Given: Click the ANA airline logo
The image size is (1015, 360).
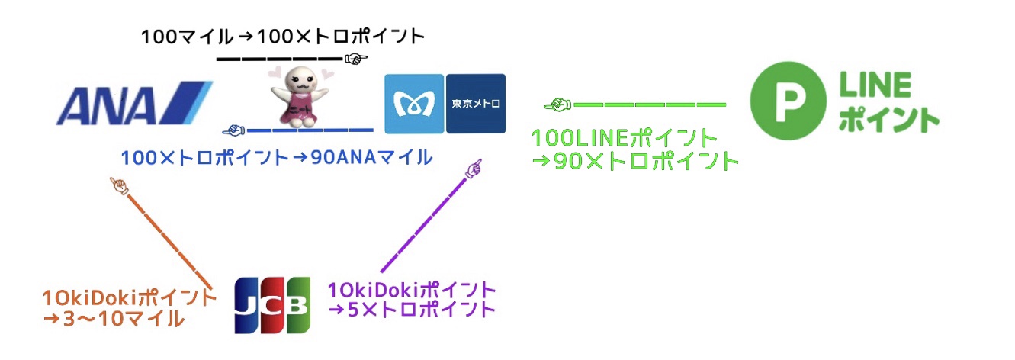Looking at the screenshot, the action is (134, 104).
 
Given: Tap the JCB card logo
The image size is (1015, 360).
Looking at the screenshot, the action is (272, 305).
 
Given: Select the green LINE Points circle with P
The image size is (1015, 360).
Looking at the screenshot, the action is (788, 100).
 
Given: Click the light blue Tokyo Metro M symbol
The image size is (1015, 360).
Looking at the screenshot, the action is (414, 104).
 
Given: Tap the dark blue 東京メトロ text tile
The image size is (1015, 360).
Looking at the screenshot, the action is (476, 104).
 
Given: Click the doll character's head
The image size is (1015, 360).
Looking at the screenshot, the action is (300, 82).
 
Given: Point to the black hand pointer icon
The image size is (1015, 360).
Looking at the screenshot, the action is (356, 59).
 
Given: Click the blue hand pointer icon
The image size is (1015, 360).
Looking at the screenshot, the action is (233, 130).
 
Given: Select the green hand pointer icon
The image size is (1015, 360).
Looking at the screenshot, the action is (557, 104).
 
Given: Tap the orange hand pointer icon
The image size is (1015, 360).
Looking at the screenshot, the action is (120, 186).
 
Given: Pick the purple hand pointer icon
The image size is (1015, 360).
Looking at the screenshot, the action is (474, 169).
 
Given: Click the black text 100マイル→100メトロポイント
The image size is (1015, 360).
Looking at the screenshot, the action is (283, 37).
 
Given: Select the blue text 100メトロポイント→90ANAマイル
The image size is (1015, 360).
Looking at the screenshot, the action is (276, 158).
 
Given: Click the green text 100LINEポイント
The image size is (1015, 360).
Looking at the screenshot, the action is (624, 138).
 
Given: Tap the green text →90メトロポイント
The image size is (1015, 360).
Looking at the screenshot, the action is (635, 162).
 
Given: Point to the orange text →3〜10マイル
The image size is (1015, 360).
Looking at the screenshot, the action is (114, 319).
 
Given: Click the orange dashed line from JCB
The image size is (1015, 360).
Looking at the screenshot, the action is (169, 241).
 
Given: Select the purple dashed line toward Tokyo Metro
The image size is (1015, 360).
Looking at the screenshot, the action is (424, 225).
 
